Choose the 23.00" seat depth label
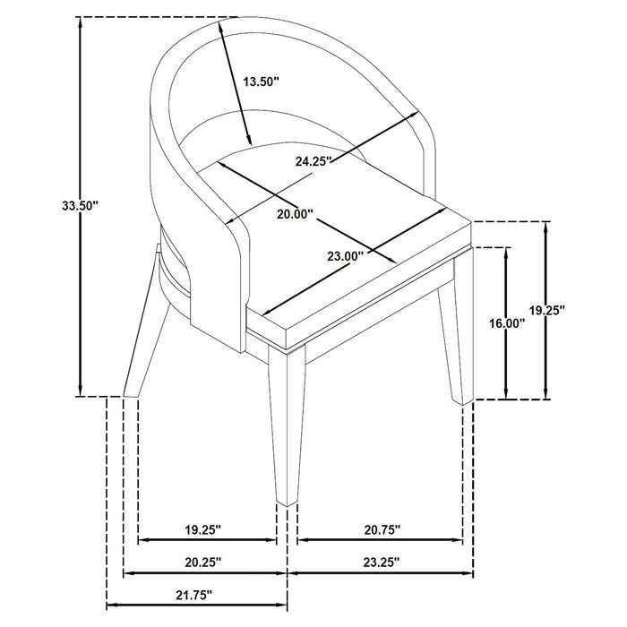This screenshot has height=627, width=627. point(344,255)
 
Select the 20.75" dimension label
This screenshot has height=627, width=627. point(382,528)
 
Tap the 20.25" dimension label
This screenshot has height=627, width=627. point(204,561)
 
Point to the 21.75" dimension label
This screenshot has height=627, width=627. point(194,593)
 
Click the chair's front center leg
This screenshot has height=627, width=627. point(286,430)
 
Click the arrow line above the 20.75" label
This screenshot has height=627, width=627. point(380,541)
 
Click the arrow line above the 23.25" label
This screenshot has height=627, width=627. point(381,573)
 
